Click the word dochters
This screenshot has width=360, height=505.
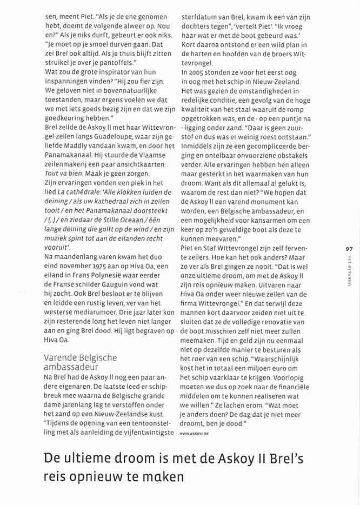(x=197, y=25)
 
